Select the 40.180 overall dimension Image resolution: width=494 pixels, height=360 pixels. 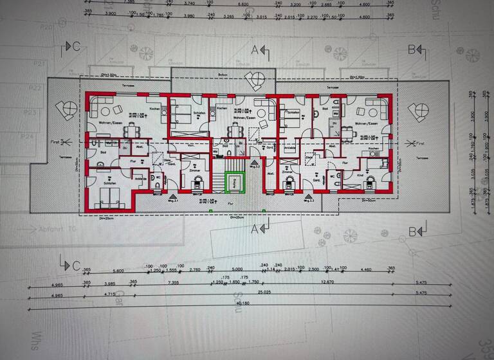point(242,303)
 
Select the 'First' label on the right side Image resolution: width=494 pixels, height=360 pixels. point(420,143)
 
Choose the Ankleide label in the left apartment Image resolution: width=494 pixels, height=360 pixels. point(139,177)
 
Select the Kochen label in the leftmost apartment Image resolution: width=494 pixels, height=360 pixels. point(154,109)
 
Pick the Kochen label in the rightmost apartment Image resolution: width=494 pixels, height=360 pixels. point(374,148)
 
